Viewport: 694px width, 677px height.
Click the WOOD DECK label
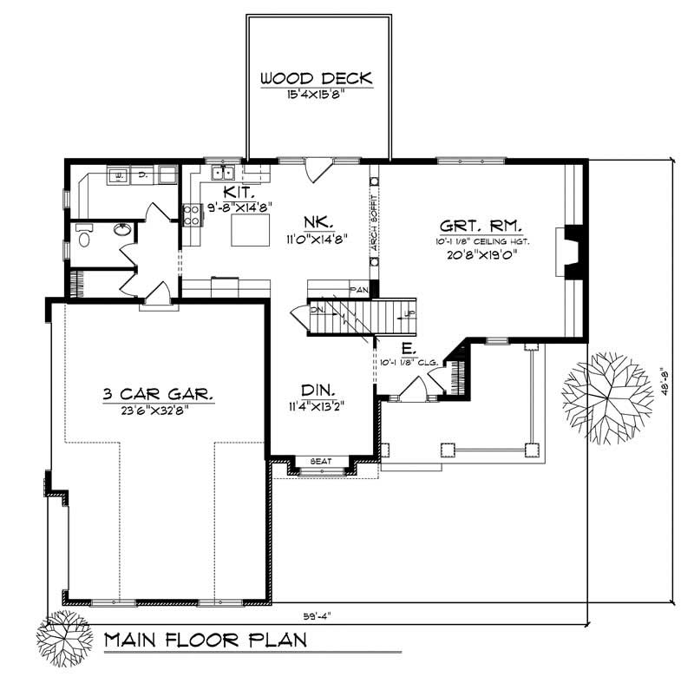[x=317, y=79]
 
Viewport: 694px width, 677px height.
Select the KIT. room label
[x=238, y=192]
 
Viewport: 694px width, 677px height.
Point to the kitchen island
[x=246, y=231]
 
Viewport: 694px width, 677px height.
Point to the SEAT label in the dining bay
[x=322, y=462]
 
